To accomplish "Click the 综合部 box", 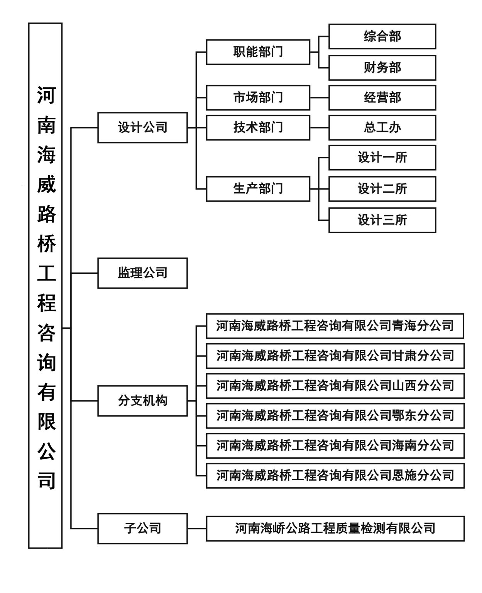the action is [x=382, y=36].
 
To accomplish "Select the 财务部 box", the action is [x=382, y=68].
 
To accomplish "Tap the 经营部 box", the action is [x=382, y=98].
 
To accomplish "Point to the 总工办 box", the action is [x=382, y=128].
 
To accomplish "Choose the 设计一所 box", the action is [x=382, y=158].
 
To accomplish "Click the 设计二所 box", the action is [x=382, y=189].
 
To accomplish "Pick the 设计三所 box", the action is [x=382, y=220].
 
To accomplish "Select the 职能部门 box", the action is [x=258, y=52].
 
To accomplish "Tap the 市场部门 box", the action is [x=258, y=98].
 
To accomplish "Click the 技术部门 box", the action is [x=258, y=128].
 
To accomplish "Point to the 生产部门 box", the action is [x=258, y=189].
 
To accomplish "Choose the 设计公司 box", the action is [x=142, y=128].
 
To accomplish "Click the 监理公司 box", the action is [x=142, y=273].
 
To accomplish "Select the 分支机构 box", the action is [x=142, y=401].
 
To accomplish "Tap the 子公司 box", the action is [x=142, y=529].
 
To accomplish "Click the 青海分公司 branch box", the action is [x=335, y=326].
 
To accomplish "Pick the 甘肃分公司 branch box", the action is [x=335, y=356].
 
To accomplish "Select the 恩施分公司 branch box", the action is [x=335, y=476].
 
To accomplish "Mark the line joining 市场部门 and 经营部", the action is [x=320, y=98].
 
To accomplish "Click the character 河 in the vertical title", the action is [x=46, y=95].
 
